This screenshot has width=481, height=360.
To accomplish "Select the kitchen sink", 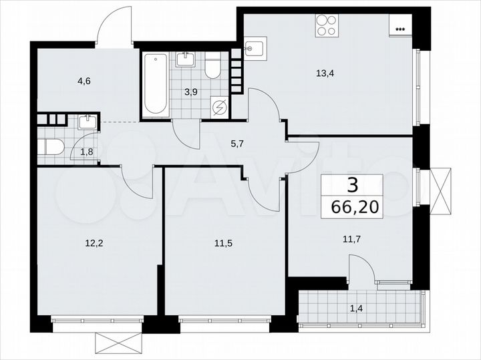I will [255, 49].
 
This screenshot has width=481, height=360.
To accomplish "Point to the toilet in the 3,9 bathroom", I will [213, 67].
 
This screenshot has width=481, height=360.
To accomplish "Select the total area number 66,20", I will [353, 206].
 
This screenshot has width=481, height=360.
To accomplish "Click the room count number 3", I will [353, 185].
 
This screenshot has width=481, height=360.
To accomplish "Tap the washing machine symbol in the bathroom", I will [219, 108].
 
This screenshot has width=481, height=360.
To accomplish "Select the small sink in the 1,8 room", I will [87, 122].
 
